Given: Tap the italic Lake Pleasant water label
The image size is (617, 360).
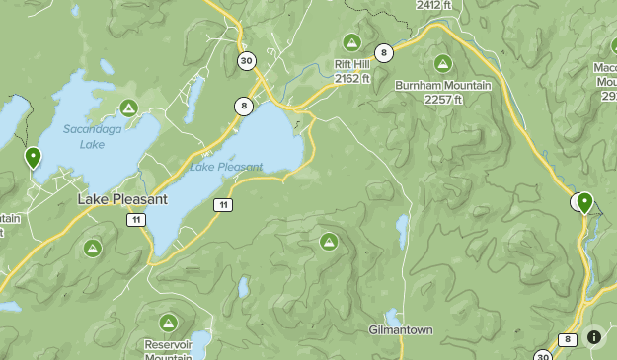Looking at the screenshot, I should [226, 167].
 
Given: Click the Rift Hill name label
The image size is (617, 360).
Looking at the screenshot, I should [349, 64].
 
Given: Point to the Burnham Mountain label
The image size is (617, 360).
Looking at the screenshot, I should [443, 86].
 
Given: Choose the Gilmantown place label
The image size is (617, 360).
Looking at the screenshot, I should [401, 329].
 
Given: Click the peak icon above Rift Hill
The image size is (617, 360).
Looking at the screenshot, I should [350, 41].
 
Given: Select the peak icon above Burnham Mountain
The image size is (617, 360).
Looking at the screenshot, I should [443, 64].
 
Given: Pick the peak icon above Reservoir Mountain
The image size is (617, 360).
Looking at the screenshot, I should [169, 322].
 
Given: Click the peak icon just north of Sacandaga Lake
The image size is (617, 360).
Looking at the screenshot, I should [127, 108].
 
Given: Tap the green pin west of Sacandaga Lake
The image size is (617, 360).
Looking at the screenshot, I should [33, 157].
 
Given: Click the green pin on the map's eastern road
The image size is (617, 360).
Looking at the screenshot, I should [584, 202].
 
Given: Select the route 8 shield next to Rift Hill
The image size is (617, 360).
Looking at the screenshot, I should [383, 52].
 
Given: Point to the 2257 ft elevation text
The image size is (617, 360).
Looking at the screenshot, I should [443, 100].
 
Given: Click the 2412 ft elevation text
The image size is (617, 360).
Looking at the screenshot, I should [435, 5].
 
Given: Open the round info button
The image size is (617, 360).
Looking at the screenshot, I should [594, 337].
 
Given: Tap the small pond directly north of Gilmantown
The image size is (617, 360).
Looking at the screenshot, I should [402, 232].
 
